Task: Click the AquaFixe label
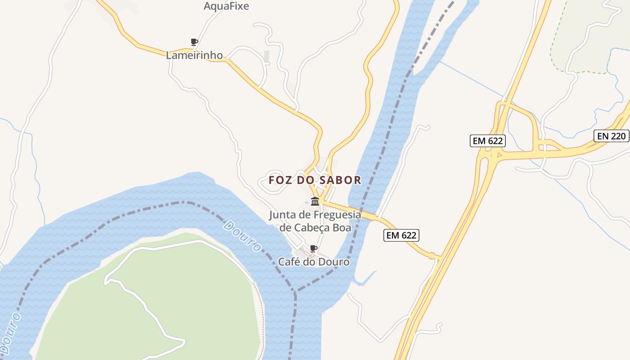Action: [226, 6]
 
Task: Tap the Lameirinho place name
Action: [194, 55]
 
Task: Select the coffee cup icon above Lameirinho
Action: [194, 42]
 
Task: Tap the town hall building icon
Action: [315, 201]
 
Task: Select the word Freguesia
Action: [336, 215]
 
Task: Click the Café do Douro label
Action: [314, 262]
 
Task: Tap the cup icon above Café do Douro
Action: [314, 248]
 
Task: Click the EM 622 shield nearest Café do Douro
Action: [401, 235]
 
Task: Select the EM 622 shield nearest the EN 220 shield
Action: [488, 141]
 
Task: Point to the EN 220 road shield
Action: [612, 136]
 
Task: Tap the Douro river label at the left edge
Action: [10, 333]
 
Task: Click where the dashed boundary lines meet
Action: [295, 292]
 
